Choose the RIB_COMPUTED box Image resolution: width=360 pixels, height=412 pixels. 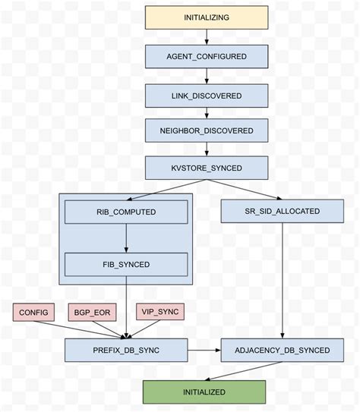coord(126,211)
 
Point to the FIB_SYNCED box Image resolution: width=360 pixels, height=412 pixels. coord(126,264)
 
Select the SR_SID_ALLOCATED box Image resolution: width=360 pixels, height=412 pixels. coord(283,211)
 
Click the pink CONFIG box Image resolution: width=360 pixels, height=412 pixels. coord(33,311)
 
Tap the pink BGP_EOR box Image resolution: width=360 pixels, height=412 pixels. coord(90,311)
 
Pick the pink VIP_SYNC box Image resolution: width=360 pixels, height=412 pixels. coord(159,311)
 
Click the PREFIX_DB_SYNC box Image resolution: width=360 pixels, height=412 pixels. coord(126,350)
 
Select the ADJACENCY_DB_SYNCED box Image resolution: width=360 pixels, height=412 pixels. coord(283,350)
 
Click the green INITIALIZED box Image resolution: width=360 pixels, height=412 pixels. coord(205,392)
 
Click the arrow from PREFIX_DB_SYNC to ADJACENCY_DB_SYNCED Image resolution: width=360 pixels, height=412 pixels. coord(204,350)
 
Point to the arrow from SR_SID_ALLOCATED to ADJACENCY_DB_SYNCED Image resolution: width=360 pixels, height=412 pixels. coord(283,281)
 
